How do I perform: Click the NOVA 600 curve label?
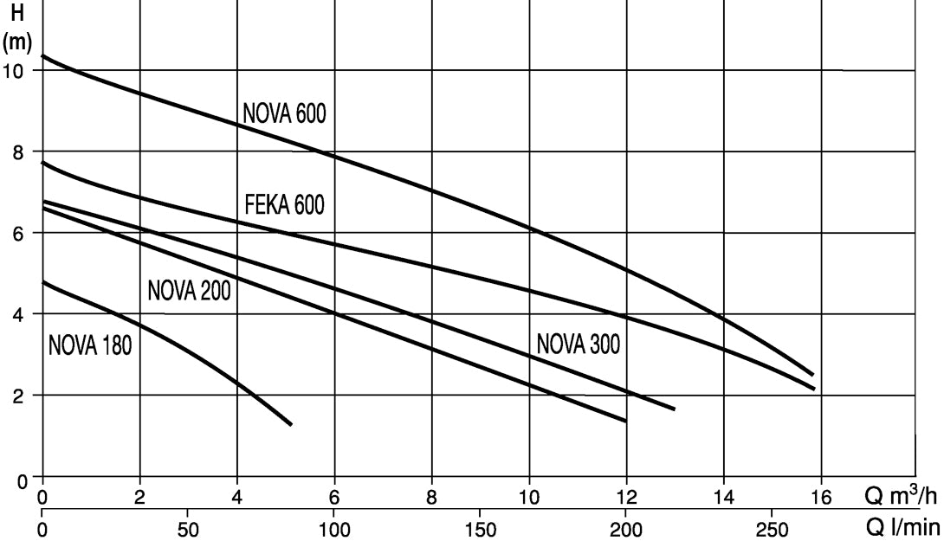pos(284,113)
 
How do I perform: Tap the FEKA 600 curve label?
pos(284,204)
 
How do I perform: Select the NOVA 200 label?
pos(189,291)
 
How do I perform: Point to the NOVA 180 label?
pos(90,345)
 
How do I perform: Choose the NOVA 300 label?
pos(578,345)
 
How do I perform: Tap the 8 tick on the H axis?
pos(18,152)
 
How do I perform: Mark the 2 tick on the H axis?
pos(18,396)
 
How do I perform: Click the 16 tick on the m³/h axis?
pos(820,497)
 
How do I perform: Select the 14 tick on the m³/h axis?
pos(723,497)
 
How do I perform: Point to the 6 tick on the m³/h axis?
pos(334,497)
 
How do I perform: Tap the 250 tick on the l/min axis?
pos(771,530)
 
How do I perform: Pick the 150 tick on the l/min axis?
pos(480,530)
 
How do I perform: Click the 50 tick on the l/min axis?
pos(188,530)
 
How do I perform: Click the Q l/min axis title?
pos(902,528)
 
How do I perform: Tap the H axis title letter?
pos(17,13)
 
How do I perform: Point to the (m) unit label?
pos(16,42)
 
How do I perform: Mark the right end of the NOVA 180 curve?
pos(291,425)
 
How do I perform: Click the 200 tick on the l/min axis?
pos(626,530)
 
